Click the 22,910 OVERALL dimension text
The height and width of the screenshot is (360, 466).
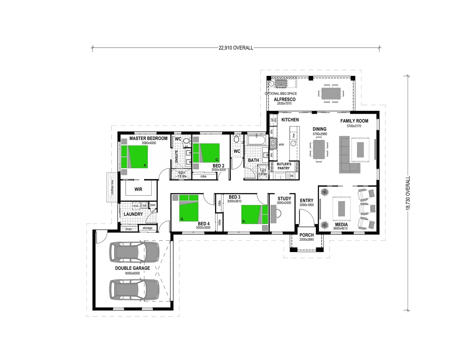click(x=236, y=48)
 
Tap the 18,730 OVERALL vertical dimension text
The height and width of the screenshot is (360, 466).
click(x=408, y=193)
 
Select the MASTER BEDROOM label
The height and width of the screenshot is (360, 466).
click(x=148, y=138)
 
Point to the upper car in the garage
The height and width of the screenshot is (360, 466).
click(x=135, y=252)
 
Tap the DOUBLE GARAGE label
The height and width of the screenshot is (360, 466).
click(x=132, y=268)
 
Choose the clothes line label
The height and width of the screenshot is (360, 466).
click(x=112, y=187)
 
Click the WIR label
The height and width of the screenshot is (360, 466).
click(x=138, y=189)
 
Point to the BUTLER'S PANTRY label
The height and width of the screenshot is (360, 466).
click(x=284, y=166)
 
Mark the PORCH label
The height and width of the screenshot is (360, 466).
click(x=306, y=235)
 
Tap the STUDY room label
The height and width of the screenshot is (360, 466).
click(x=284, y=199)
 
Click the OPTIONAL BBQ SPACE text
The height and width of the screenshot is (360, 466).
click(x=281, y=94)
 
